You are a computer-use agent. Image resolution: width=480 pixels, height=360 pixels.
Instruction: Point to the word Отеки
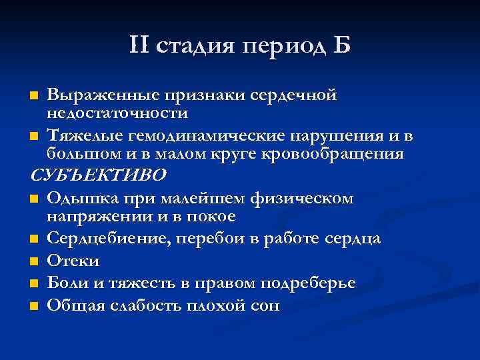(x=73, y=260)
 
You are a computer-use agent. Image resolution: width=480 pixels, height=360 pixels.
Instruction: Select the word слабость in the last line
(x=145, y=305)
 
